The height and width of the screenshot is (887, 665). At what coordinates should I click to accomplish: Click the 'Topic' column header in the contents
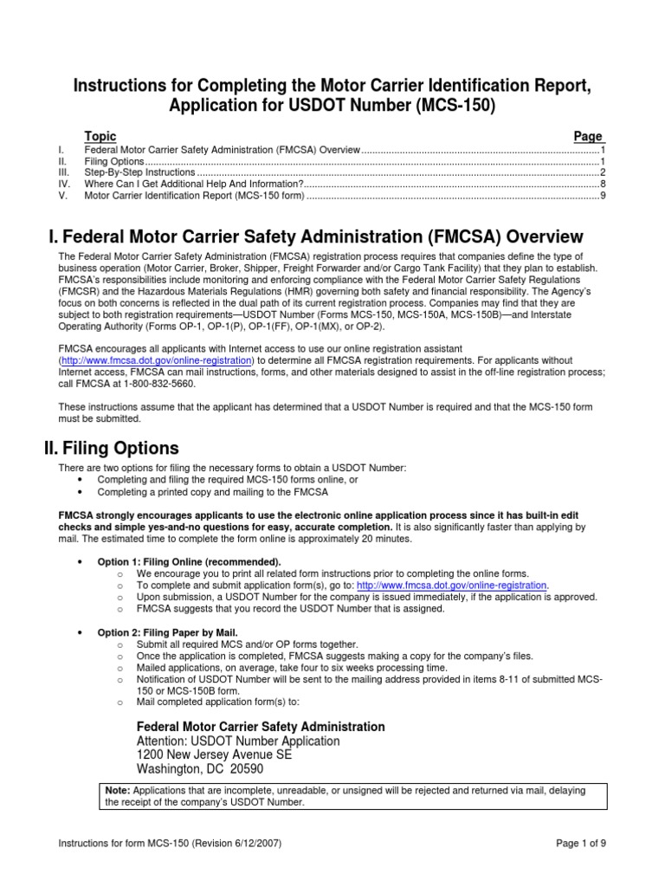(100, 137)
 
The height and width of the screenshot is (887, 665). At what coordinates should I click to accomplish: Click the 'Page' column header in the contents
(589, 137)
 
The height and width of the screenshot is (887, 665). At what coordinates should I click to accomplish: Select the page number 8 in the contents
(602, 185)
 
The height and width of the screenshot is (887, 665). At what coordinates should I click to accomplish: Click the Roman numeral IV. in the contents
(63, 185)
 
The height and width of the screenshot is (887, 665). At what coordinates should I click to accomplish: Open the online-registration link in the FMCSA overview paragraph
(156, 359)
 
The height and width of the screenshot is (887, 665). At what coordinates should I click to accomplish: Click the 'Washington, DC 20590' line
(201, 769)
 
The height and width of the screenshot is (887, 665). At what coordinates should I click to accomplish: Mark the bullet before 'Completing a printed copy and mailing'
(81, 492)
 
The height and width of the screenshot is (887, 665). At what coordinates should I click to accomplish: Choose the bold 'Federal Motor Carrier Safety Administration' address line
(261, 726)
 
